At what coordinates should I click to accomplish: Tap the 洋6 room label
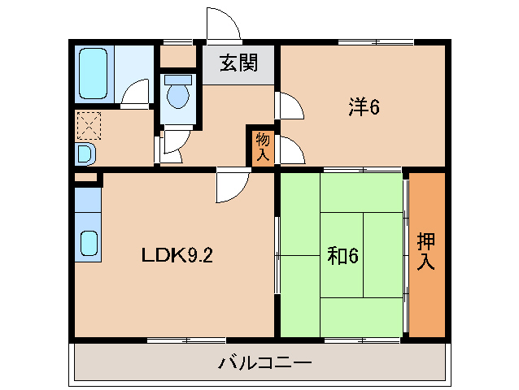[x=364, y=106]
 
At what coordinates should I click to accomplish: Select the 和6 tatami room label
[x=342, y=256]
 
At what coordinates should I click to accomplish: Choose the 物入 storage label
[x=262, y=147]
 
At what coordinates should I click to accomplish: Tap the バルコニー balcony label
[x=264, y=362]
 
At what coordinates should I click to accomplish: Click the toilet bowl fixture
[x=177, y=97]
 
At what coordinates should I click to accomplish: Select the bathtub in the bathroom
[x=94, y=72]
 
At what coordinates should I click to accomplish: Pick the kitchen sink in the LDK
[x=88, y=243]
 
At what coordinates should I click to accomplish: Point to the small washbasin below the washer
[x=85, y=153]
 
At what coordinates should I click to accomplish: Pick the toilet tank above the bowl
[x=177, y=80]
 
